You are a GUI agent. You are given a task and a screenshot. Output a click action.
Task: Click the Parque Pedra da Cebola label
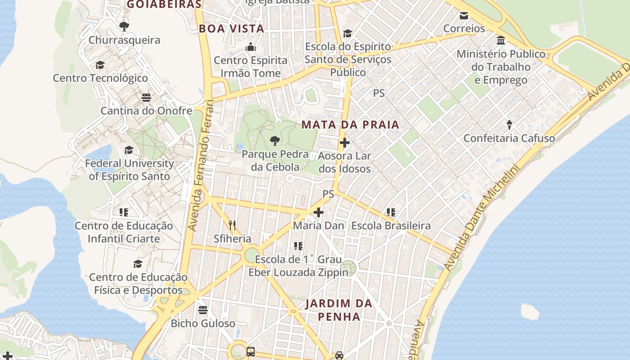tap(275, 161)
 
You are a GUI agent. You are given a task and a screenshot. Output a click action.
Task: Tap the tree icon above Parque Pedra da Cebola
tap(274, 141)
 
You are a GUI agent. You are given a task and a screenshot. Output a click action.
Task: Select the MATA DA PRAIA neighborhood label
tap(351, 125)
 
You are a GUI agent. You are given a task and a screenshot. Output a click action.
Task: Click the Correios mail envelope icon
tap(464, 16)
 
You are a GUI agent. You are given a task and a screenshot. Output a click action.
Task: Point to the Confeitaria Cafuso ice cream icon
tap(509, 125)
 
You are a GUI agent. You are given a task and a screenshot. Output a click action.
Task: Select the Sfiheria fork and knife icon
tap(232, 225)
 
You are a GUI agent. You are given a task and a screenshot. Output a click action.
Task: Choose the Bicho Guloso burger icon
tap(203, 310)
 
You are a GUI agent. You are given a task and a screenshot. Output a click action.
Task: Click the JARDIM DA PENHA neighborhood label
tap(339, 310)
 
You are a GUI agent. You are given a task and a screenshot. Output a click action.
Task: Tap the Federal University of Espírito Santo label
tap(130, 170)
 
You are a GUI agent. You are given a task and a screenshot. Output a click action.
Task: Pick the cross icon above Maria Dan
tap(319, 212)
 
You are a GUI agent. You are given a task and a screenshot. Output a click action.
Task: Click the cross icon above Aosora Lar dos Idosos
tap(345, 143)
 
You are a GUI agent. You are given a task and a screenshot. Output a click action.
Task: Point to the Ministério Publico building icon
tap(501, 41)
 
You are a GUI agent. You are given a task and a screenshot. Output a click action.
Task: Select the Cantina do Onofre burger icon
tap(146, 97)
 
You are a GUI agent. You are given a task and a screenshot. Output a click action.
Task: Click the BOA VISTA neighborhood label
tap(231, 28)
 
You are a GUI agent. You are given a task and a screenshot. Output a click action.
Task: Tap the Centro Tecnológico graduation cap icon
tap(100, 65)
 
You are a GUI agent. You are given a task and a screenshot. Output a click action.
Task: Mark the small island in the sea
tap(530, 311)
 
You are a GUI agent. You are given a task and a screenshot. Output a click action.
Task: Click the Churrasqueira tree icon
tap(124, 26)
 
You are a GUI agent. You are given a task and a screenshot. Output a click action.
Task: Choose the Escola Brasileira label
tap(391, 225)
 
